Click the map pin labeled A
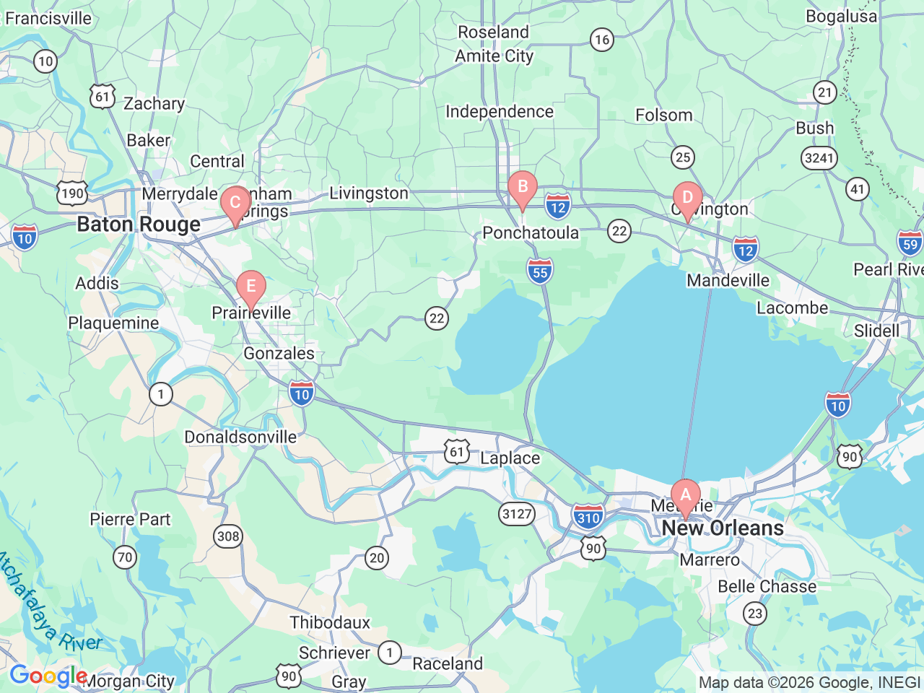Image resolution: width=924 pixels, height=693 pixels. [685, 496]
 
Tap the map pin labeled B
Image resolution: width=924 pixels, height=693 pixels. [522, 188]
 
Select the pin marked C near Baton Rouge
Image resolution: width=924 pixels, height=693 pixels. [235, 204]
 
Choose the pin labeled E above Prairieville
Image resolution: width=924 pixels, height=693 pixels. [250, 287]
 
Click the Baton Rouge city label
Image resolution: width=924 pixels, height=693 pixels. [139, 225]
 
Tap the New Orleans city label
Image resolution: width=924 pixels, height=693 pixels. [723, 528]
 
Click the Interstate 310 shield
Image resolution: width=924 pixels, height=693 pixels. [588, 516]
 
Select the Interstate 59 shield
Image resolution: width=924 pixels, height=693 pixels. [910, 243]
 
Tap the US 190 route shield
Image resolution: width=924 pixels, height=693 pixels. [72, 193]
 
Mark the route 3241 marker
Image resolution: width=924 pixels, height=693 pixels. [819, 158]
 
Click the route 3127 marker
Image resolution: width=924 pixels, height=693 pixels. [517, 514]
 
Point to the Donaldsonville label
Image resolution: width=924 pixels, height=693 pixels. [240, 437]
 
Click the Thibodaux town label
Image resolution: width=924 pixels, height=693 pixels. [330, 622]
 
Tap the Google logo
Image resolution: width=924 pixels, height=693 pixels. [48, 676]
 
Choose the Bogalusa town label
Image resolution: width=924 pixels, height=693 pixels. [841, 16]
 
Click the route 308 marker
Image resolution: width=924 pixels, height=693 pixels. [228, 536]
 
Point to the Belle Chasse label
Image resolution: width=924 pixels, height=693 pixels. [767, 586]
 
